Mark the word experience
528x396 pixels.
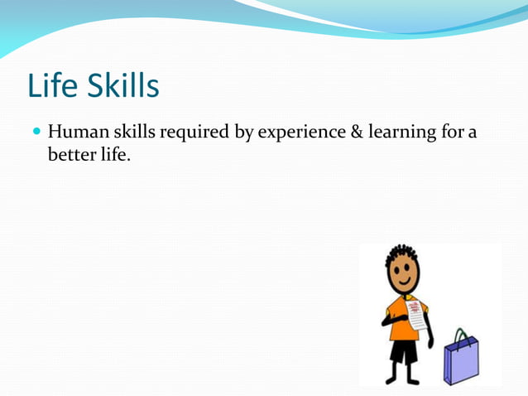pos(299,133)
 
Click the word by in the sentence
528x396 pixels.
pos(244,133)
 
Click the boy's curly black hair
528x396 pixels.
pos(401,253)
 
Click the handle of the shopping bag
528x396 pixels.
pos(462,336)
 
